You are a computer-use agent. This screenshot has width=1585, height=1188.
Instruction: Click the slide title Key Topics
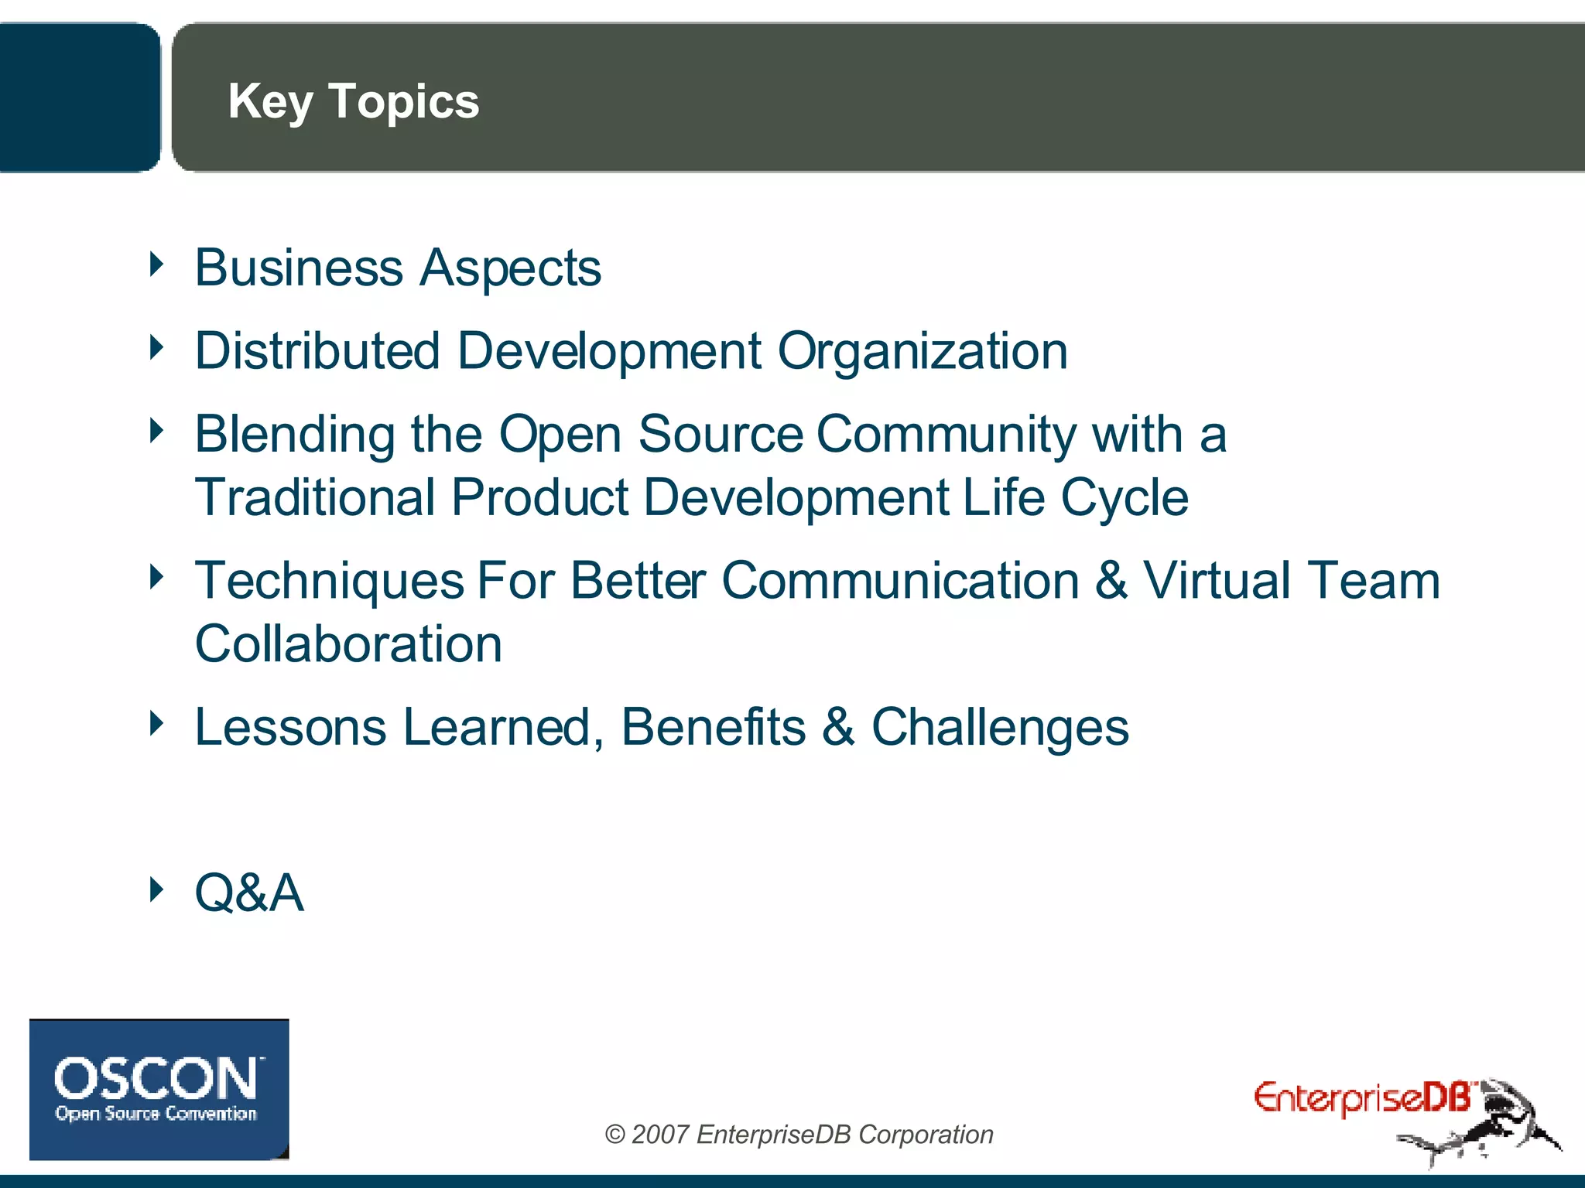click(x=353, y=101)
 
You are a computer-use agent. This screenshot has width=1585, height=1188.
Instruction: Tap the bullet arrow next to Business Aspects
click(x=157, y=265)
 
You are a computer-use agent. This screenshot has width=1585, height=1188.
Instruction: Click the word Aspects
click(x=510, y=268)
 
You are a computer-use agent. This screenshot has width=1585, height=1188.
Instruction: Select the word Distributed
click(x=317, y=351)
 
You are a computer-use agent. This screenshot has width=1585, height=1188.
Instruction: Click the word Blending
click(x=295, y=435)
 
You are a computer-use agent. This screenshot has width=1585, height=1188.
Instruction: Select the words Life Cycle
click(x=1075, y=497)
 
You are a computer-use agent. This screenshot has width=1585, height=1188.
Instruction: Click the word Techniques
click(x=329, y=582)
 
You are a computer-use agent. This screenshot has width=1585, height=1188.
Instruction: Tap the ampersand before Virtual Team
click(x=1111, y=582)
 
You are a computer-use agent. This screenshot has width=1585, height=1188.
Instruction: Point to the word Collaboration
click(x=348, y=644)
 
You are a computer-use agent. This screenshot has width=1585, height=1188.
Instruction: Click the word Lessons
click(x=290, y=728)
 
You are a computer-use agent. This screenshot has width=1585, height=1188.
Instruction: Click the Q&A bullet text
click(x=249, y=893)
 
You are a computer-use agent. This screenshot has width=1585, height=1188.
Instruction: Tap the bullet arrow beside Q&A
click(x=157, y=889)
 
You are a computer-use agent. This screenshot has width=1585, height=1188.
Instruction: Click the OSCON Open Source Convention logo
click(x=159, y=1089)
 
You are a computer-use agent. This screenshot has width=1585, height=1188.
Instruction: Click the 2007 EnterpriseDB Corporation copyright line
click(x=799, y=1135)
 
